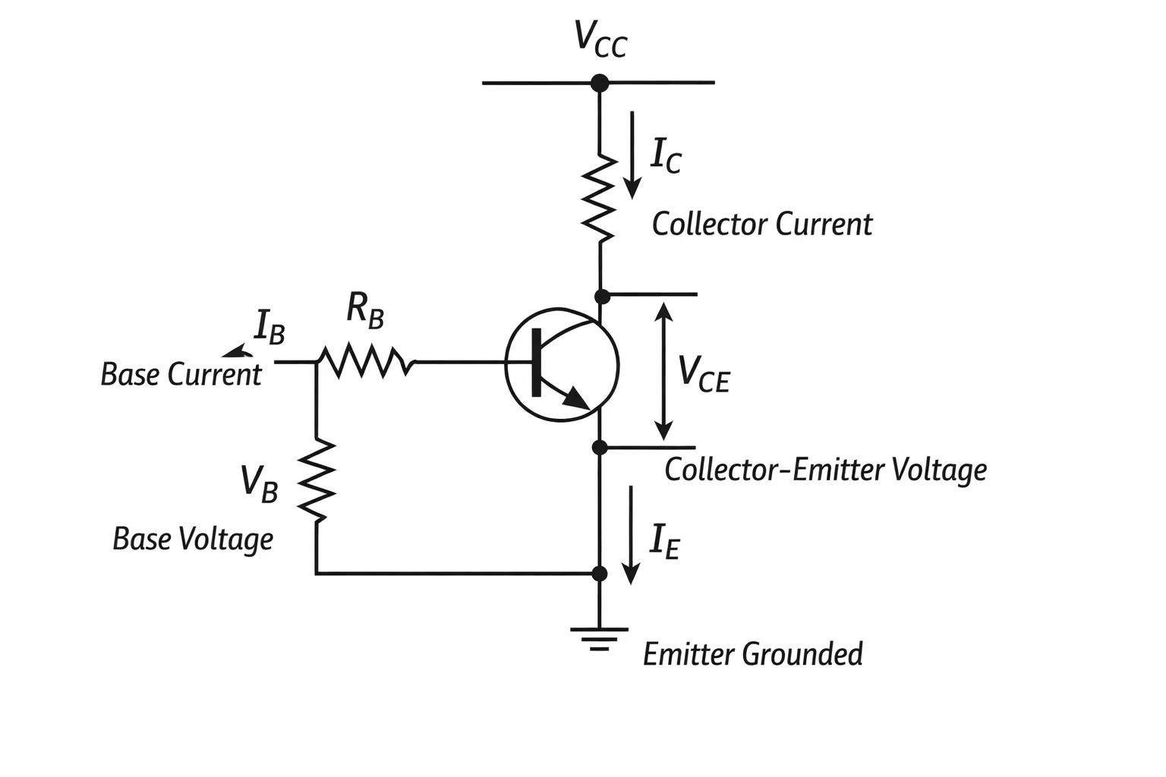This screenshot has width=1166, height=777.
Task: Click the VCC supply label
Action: pyautogui.click(x=600, y=39)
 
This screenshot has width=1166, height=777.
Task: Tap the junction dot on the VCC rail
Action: pyautogui.click(x=600, y=83)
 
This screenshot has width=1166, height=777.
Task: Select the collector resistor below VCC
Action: pyautogui.click(x=599, y=198)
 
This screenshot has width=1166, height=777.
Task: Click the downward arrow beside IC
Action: pyautogui.click(x=632, y=155)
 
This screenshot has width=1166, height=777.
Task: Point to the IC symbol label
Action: pyautogui.click(x=666, y=155)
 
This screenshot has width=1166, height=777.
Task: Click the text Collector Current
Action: pyautogui.click(x=762, y=225)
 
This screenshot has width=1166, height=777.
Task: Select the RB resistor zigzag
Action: pyautogui.click(x=367, y=360)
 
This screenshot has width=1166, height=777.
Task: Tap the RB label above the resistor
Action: pyautogui.click(x=365, y=310)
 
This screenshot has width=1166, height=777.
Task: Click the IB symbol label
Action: pyautogui.click(x=269, y=327)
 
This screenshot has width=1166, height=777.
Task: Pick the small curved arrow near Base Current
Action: pyautogui.click(x=238, y=352)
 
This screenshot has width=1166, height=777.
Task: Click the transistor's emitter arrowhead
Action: pyautogui.click(x=577, y=398)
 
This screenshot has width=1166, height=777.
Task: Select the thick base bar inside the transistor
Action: pyautogui.click(x=537, y=362)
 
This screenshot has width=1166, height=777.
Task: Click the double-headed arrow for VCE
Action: pyautogui.click(x=663, y=371)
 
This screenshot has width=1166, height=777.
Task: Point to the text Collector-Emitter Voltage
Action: pyautogui.click(x=826, y=470)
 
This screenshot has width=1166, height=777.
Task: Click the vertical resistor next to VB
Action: pyautogui.click(x=316, y=480)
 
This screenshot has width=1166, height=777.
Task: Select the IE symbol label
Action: pyautogui.click(x=665, y=542)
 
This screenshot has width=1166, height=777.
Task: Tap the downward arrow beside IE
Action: pyautogui.click(x=631, y=535)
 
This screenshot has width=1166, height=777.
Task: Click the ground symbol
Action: pyautogui.click(x=599, y=639)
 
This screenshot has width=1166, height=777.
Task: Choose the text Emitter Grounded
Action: pyautogui.click(x=753, y=654)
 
